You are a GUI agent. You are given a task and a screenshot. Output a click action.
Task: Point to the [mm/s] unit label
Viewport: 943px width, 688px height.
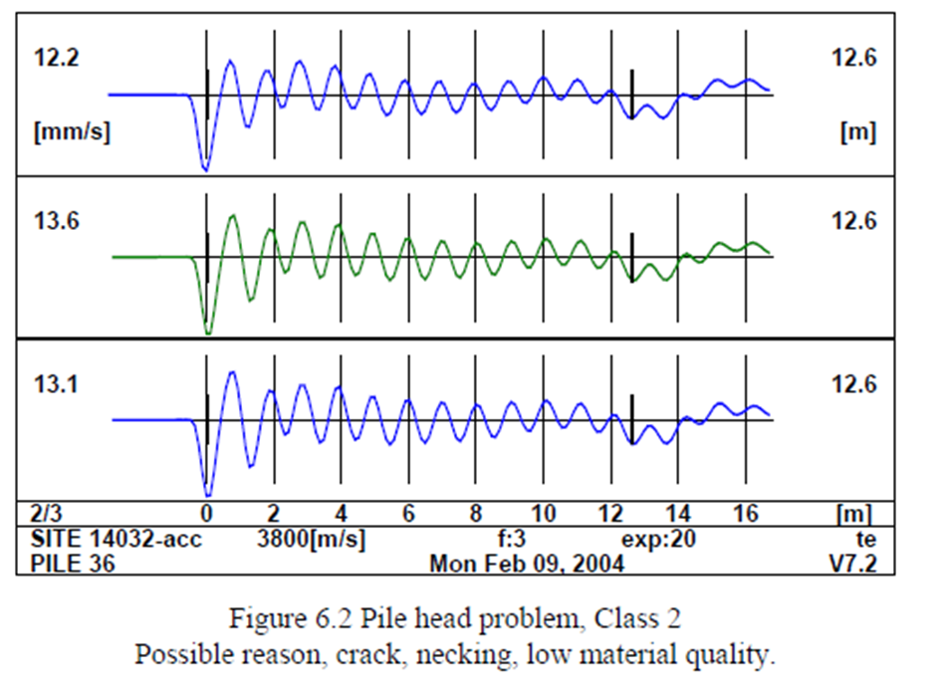pos(71,133)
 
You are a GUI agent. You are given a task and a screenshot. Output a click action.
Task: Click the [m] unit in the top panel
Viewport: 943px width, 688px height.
pos(855,133)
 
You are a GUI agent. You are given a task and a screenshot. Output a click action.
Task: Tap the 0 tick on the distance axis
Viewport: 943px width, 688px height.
pos(206,515)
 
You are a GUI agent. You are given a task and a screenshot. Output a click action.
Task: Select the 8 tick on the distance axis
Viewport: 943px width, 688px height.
pos(476,515)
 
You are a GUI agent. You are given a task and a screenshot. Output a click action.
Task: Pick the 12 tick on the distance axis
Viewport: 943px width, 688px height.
pos(609,515)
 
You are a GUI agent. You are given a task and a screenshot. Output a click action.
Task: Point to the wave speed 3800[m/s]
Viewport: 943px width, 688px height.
pos(311,540)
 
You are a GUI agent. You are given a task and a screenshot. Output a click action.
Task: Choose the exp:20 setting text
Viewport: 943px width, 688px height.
pos(658,540)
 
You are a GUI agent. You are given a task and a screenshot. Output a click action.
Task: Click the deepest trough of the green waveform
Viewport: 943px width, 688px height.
pos(207,332)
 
